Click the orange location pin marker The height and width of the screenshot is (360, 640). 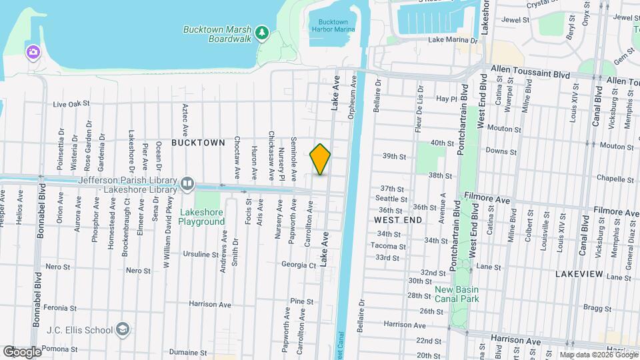pyautogui.click(x=320, y=159)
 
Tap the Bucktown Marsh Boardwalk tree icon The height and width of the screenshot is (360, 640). pyautogui.click(x=263, y=33)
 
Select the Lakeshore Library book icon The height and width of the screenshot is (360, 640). pyautogui.click(x=188, y=183)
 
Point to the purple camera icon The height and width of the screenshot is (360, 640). pyautogui.click(x=32, y=51)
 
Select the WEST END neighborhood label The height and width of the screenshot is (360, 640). pyautogui.click(x=397, y=219)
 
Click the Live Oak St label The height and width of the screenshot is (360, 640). pyautogui.click(x=71, y=104)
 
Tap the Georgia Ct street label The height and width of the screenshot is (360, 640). pyautogui.click(x=298, y=265)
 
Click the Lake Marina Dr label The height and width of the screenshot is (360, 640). pyautogui.click(x=453, y=40)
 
